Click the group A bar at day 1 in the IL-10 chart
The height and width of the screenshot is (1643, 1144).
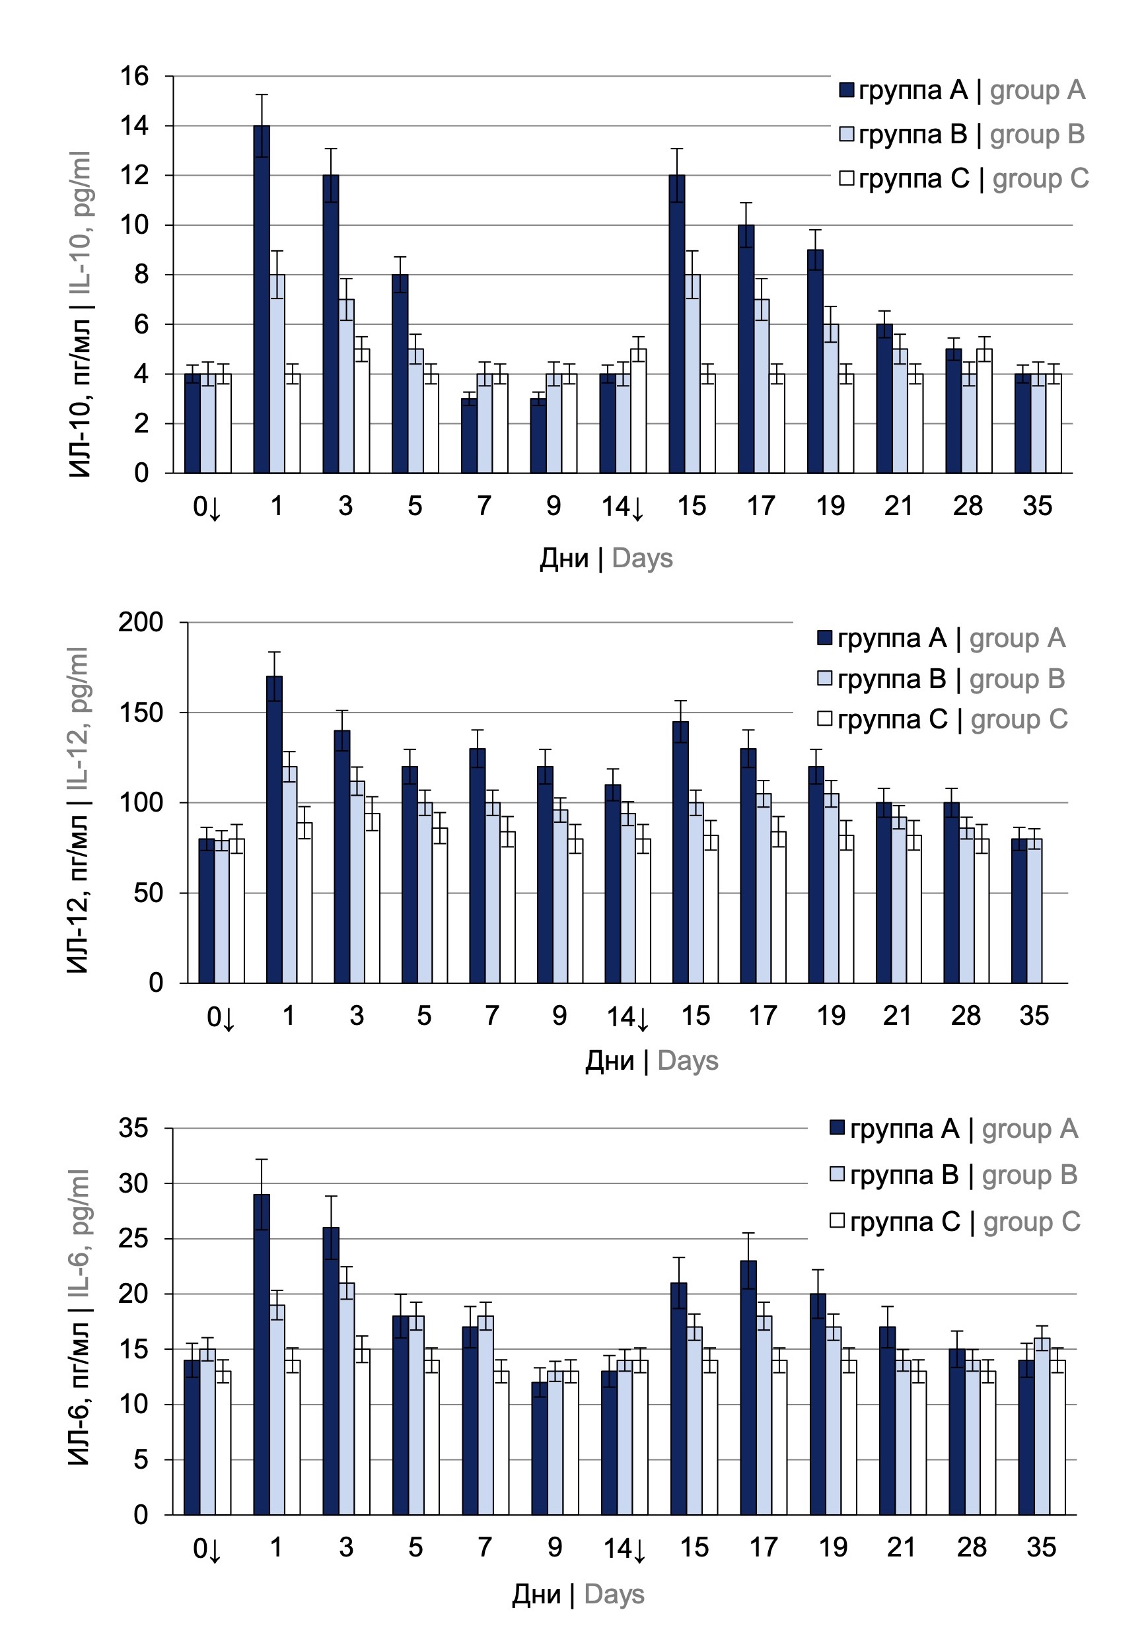pos(262,300)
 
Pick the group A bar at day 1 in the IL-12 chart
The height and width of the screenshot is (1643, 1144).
pos(274,830)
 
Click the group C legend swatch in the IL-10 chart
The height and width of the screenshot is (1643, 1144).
pos(846,178)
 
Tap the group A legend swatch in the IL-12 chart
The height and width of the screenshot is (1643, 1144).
pos(825,638)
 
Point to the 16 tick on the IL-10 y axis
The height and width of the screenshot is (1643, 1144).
pos(135,76)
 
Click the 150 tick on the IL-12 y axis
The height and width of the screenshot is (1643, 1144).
pos(141,713)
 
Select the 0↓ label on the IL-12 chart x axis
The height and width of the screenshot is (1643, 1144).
pos(221,1017)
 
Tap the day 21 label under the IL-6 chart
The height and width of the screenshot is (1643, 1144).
pos(902,1548)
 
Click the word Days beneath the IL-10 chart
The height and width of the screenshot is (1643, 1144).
pos(642,558)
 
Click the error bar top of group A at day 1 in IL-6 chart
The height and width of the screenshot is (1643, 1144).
pos(262,1159)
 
